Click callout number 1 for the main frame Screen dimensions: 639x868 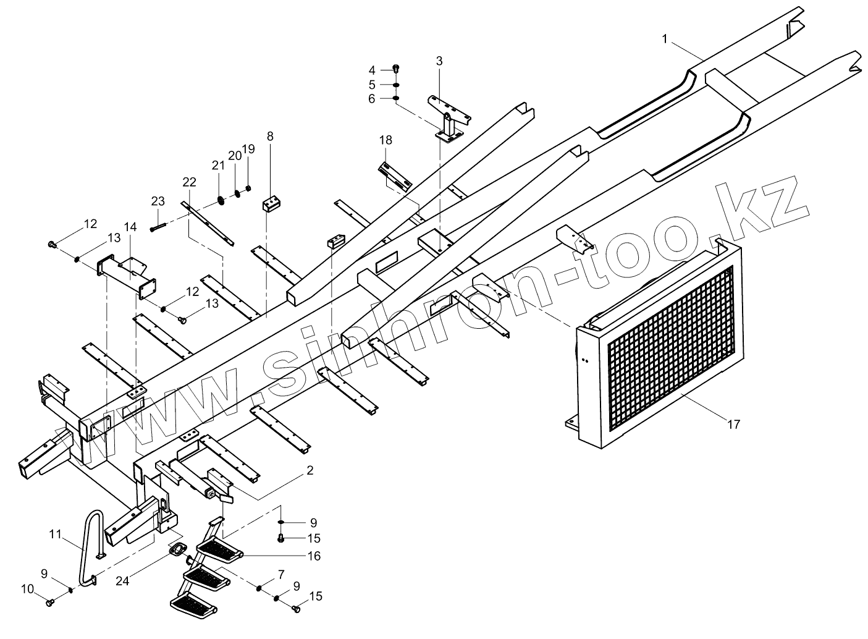pyautogui.click(x=665, y=39)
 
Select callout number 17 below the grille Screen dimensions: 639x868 pyautogui.click(x=733, y=425)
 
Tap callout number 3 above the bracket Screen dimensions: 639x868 pyautogui.click(x=439, y=61)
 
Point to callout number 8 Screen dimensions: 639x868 pyautogui.click(x=270, y=135)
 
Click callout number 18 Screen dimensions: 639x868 pyautogui.click(x=386, y=141)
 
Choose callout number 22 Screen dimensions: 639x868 pyautogui.click(x=189, y=182)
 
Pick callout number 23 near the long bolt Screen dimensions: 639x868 pyautogui.click(x=158, y=201)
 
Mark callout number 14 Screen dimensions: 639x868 pyautogui.click(x=130, y=227)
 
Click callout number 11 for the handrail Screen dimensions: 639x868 pyautogui.click(x=56, y=533)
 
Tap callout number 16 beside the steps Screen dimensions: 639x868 pyautogui.click(x=314, y=556)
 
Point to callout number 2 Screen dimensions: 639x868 pyautogui.click(x=310, y=471)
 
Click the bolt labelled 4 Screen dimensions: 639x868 pyautogui.click(x=396, y=68)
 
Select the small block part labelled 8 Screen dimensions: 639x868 pyautogui.click(x=272, y=203)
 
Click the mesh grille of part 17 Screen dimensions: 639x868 pyautogui.click(x=670, y=346)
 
